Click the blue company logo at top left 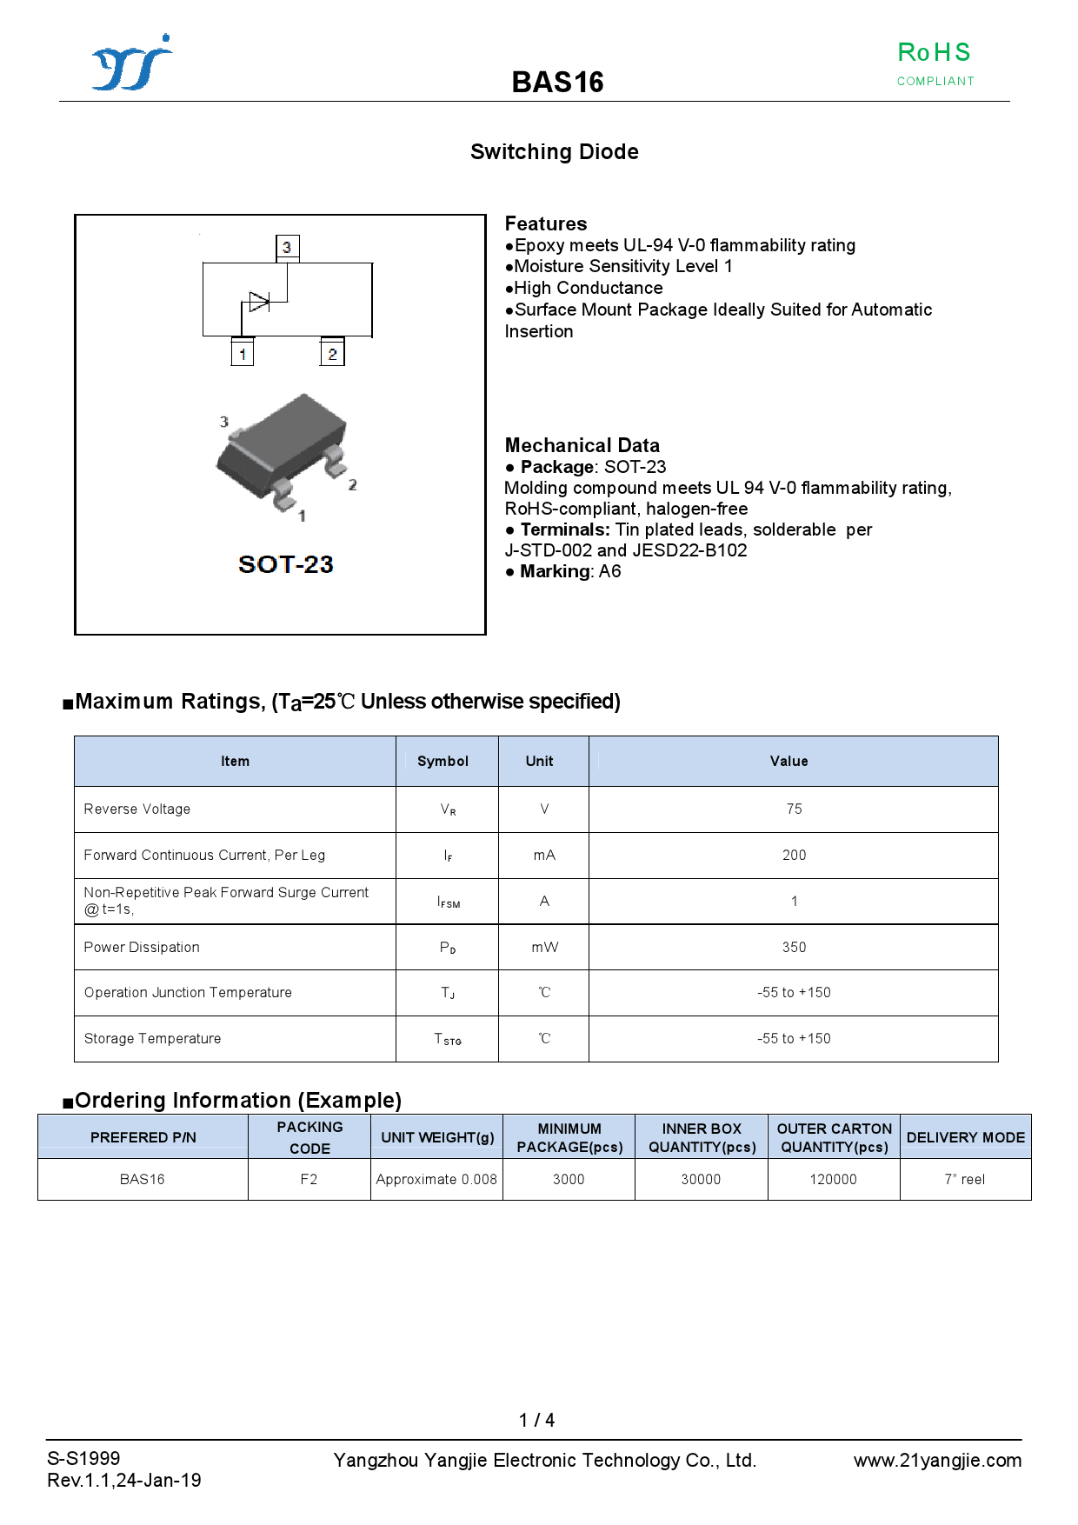(131, 63)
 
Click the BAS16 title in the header (557, 83)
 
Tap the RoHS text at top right (934, 53)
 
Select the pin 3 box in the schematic (287, 247)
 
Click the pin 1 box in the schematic (243, 354)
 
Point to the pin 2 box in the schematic (332, 354)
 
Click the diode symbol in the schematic (259, 302)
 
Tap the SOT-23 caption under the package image (285, 564)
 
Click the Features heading (546, 223)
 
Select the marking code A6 (609, 571)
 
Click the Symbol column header (443, 761)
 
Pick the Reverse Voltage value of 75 (794, 809)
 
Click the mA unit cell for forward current (544, 855)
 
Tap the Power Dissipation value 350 (794, 947)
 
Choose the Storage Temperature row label (152, 1038)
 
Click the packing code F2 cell (309, 1179)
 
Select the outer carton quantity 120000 (833, 1179)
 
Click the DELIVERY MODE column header (965, 1137)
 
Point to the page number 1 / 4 (536, 1420)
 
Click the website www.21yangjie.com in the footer (937, 1460)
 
